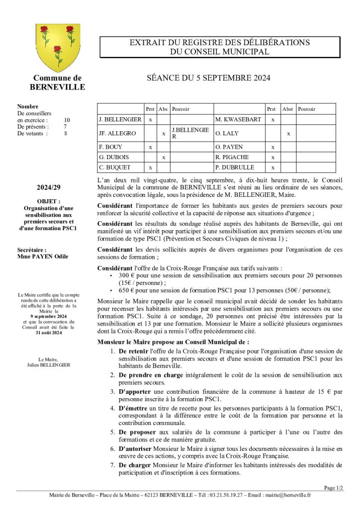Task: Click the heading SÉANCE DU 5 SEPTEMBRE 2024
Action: click(209, 78)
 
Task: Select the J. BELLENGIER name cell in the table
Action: click(120, 120)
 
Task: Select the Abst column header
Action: click(287, 109)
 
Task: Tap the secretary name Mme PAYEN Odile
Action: click(42, 256)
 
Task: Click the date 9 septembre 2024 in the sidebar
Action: click(49, 316)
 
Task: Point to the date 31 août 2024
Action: click(49, 333)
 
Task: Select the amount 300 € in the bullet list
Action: click(126, 275)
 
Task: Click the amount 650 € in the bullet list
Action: click(126, 290)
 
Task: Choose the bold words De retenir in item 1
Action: click(134, 351)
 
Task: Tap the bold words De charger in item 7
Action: click(134, 465)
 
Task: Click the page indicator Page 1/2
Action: click(333, 488)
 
